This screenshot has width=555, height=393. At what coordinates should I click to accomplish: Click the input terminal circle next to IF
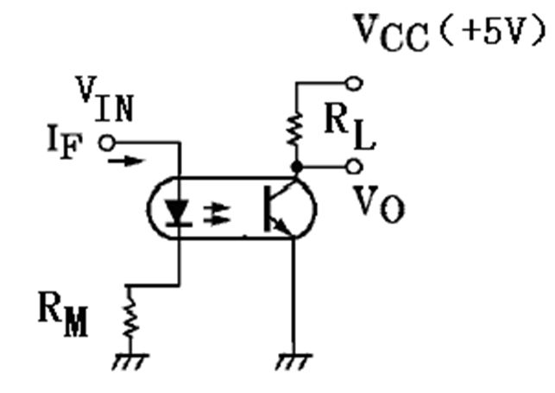click(107, 143)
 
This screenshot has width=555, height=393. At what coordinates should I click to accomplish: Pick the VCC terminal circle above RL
click(355, 83)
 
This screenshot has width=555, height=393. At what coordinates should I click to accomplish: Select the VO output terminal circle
click(355, 164)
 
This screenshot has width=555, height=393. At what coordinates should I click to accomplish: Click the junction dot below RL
click(296, 164)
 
